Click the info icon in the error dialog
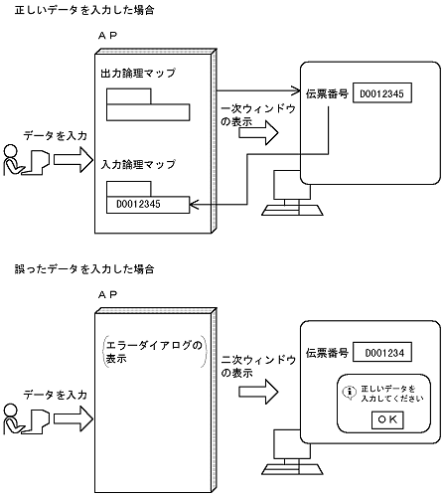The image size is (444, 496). pyautogui.click(x=347, y=391)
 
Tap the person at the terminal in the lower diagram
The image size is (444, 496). pyautogui.click(x=22, y=417)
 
